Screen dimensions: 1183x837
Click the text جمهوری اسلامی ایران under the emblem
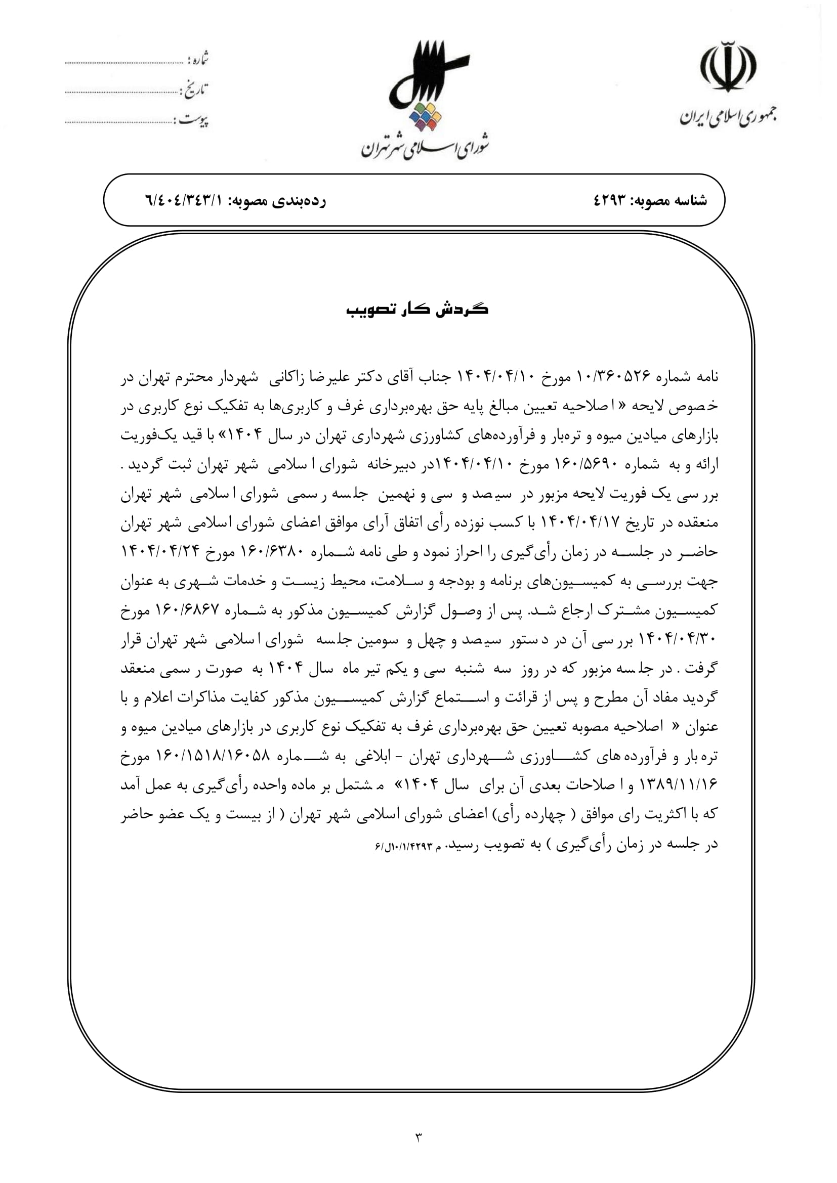[728, 117]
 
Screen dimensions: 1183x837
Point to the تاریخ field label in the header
[194, 90]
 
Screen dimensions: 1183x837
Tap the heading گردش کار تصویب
[417, 310]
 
